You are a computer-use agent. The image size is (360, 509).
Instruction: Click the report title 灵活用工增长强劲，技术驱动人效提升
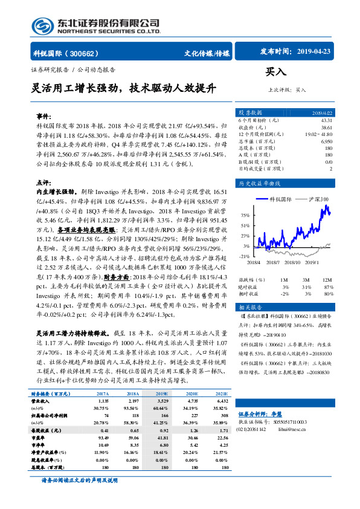click(123, 88)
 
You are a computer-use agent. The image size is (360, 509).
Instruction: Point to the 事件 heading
click(44, 114)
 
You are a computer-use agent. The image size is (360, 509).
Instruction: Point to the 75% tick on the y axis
click(245, 215)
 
